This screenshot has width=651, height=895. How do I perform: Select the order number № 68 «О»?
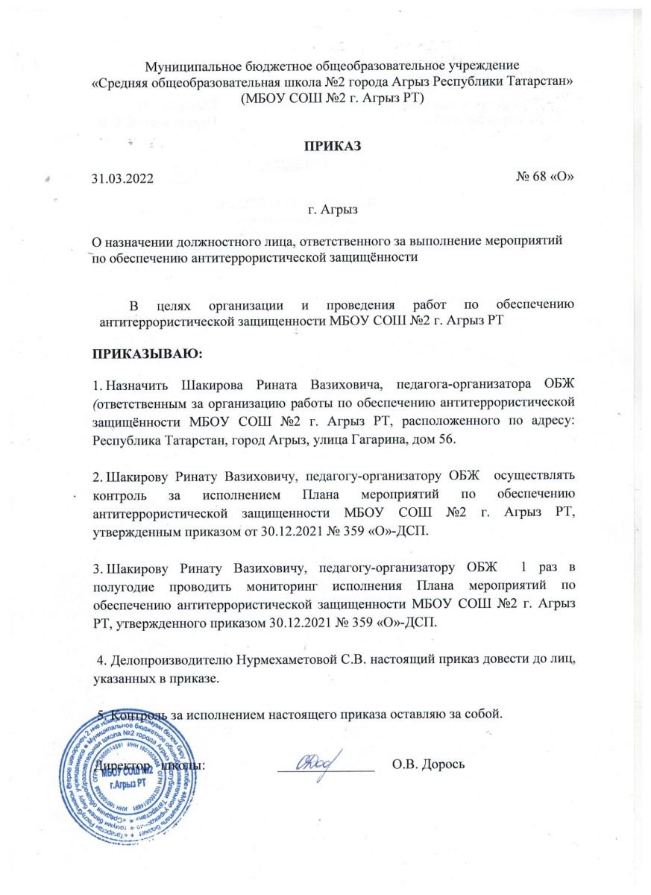(x=544, y=178)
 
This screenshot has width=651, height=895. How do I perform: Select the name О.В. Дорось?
(x=429, y=764)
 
